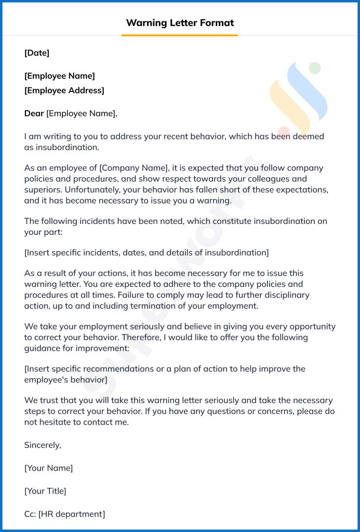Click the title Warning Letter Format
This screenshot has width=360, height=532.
180,23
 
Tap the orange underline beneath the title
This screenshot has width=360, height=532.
180,35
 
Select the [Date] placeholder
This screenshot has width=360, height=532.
37,52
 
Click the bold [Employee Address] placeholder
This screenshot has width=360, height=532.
64,90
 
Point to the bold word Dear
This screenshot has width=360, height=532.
34,113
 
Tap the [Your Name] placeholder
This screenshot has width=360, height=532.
49,468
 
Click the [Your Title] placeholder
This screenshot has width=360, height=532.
45,491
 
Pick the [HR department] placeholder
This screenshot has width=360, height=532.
71,514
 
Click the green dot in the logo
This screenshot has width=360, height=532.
315,68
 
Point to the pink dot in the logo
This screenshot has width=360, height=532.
283,131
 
